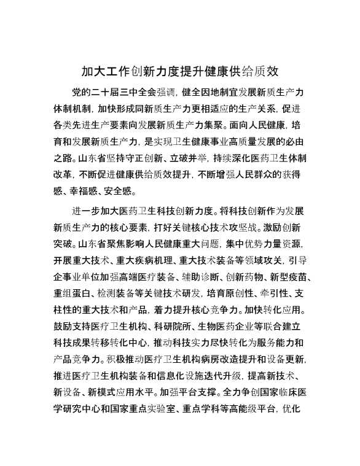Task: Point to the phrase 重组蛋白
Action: click(x=71, y=292)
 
